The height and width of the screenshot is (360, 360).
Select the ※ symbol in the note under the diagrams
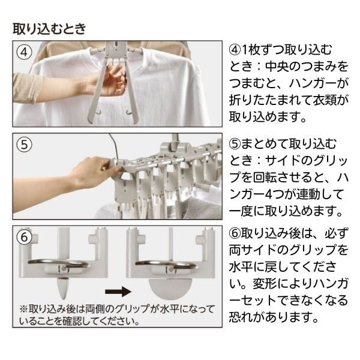pyautogui.click(x=23, y=310)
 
